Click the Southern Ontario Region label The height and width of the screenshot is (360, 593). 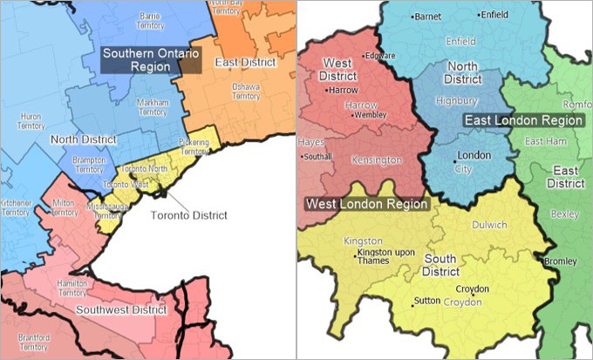pyautogui.click(x=149, y=59)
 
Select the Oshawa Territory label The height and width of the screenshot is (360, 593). pyautogui.click(x=246, y=92)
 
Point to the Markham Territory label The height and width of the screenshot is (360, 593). pyautogui.click(x=153, y=107)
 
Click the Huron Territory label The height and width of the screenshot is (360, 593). pyautogui.click(x=24, y=121)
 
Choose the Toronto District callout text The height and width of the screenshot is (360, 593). pyautogui.click(x=189, y=215)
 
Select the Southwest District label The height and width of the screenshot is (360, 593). pyautogui.click(x=121, y=309)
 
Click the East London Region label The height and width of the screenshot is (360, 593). pyautogui.click(x=523, y=119)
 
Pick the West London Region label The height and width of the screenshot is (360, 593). pyautogui.click(x=367, y=204)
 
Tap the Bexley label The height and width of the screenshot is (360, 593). pyautogui.click(x=565, y=214)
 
